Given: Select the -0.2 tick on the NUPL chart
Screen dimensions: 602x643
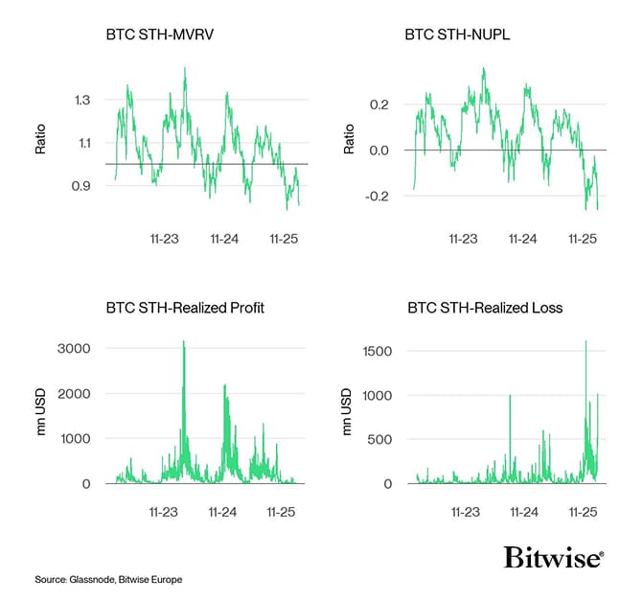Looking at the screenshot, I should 378,197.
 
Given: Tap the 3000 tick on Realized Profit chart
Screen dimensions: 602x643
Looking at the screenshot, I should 76,348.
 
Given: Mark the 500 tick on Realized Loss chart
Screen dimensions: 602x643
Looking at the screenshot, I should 379,440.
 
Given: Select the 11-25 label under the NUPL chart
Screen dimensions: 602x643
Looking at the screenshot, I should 583,237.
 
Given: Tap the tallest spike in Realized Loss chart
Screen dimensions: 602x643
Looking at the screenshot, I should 586,342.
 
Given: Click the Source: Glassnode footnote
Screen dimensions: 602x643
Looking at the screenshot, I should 108,580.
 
